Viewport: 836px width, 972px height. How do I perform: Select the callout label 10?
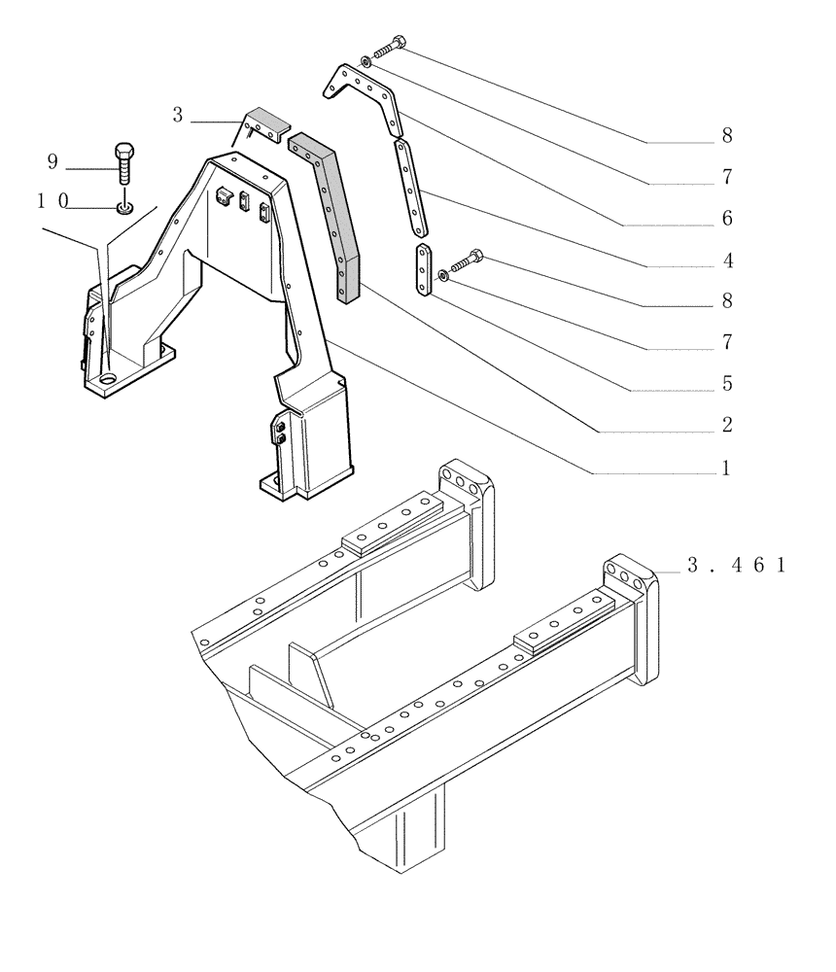point(52,201)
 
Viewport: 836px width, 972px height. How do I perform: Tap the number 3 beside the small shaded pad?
point(177,116)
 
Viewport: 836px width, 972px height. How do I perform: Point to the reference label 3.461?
point(735,566)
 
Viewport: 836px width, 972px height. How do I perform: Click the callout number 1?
point(725,469)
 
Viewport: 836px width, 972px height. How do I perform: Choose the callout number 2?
point(725,426)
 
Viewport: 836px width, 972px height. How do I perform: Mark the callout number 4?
point(725,260)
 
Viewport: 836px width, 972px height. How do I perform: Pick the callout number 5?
point(725,384)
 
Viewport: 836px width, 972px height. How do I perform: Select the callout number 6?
point(725,220)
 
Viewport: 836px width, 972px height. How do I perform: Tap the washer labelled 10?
point(124,206)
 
